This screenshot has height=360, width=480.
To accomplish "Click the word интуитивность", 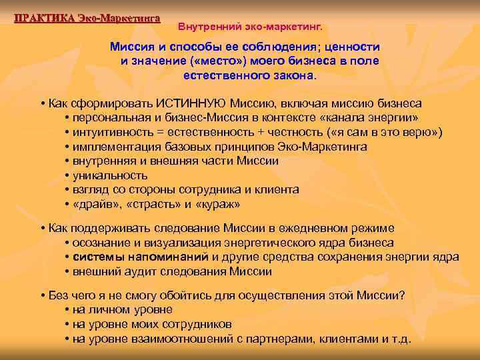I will (x=111, y=132).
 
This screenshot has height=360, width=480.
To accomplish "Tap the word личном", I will (x=110, y=309).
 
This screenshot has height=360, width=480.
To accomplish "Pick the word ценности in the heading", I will (x=347, y=47).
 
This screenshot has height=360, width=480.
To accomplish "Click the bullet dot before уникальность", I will (x=68, y=176).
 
